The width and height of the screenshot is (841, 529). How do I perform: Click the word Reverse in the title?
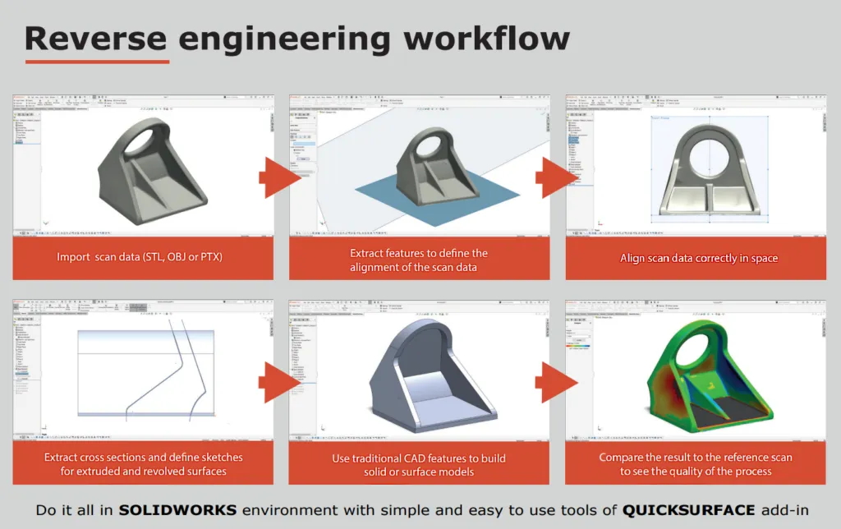95,38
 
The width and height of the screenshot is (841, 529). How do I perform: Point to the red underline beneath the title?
97,61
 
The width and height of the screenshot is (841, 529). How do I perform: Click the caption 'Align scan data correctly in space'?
698,258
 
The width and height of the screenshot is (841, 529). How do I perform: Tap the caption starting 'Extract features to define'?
419,259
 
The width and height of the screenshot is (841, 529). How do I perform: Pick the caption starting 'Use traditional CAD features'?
419,464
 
